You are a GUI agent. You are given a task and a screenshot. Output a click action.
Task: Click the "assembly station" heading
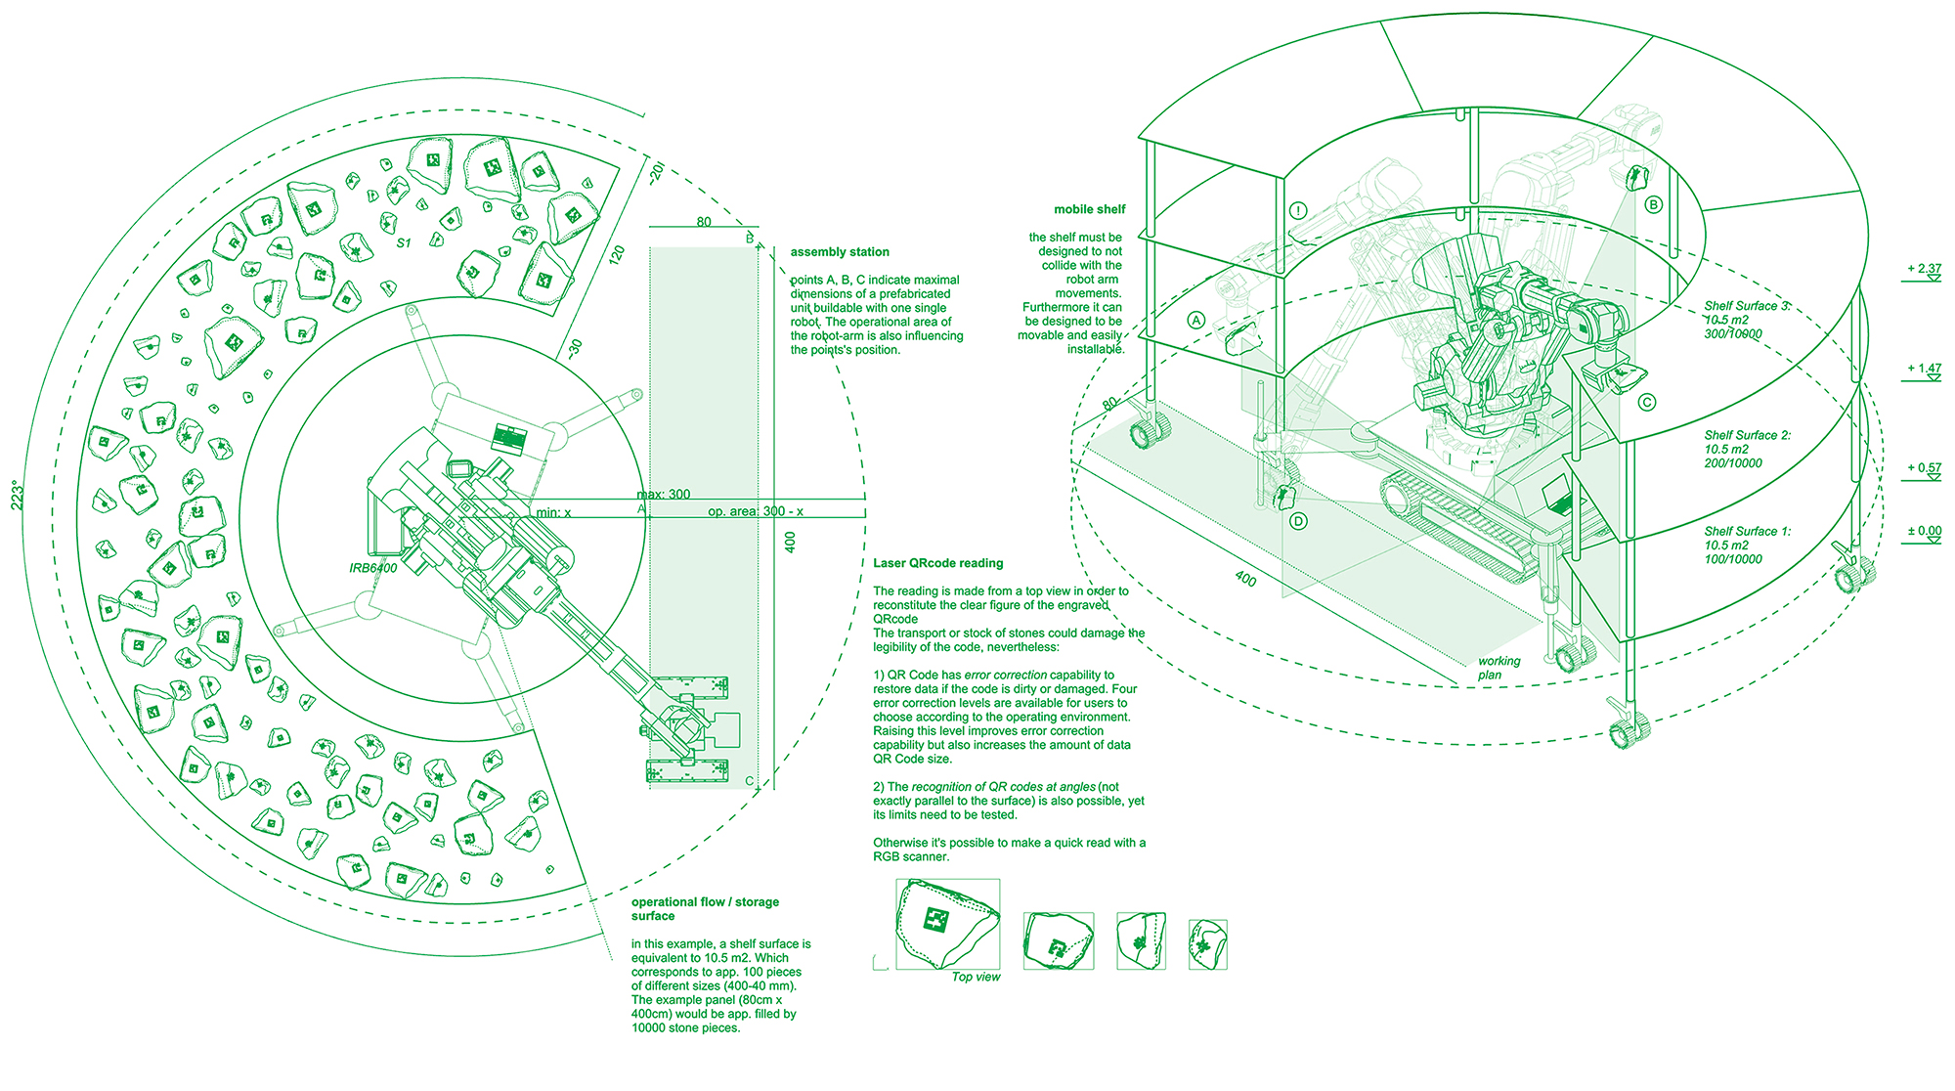point(840,252)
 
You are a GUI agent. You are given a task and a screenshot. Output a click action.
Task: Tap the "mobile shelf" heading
point(1089,209)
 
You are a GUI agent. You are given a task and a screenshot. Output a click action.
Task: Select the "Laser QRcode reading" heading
point(937,563)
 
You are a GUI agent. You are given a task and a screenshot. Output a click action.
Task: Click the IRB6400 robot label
point(373,568)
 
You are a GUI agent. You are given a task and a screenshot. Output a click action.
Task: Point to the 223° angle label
point(18,495)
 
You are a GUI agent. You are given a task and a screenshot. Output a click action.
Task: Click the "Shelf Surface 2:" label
point(1748,435)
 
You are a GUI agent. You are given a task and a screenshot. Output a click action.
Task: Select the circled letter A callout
point(1195,320)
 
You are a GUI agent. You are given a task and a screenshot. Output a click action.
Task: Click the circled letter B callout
point(1654,204)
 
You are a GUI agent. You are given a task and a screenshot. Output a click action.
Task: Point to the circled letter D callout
point(1298,521)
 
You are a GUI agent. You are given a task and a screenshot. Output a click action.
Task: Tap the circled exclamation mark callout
point(1298,210)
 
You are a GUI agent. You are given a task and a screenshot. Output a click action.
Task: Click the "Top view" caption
point(976,977)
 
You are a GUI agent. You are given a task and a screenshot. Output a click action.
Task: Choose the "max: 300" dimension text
point(664,495)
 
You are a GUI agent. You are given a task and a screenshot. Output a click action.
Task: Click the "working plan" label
point(1498,668)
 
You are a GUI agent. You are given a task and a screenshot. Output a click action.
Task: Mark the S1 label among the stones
point(404,243)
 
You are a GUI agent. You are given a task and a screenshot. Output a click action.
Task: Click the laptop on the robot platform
point(1561,498)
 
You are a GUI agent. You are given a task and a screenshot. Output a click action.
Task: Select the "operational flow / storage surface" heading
point(705,909)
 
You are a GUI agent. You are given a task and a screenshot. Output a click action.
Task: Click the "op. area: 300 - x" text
point(756,511)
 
